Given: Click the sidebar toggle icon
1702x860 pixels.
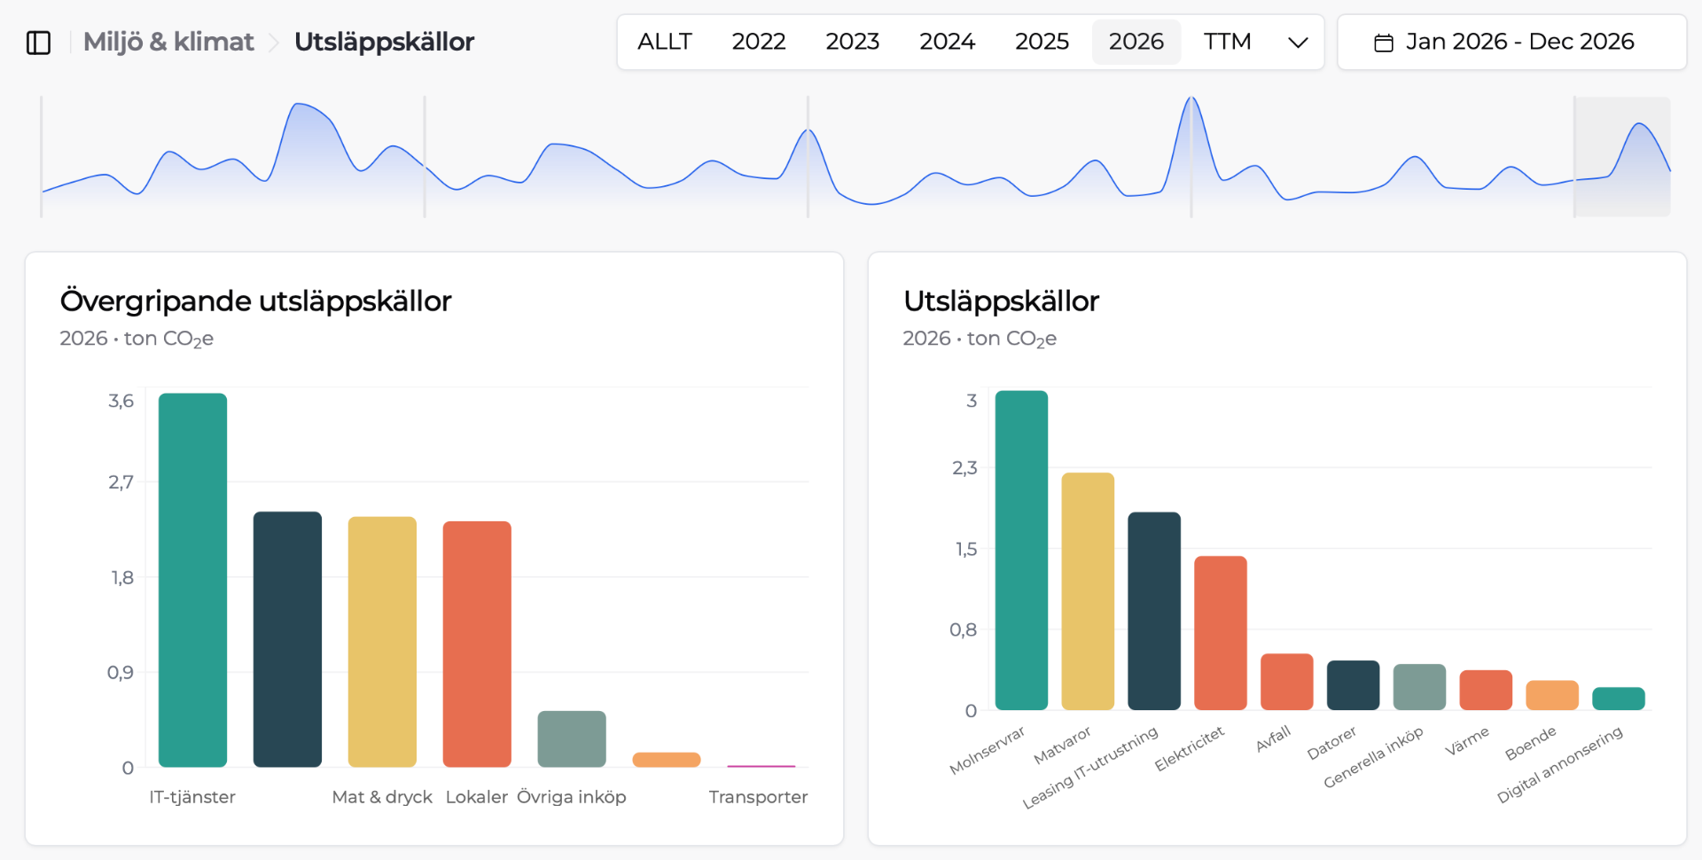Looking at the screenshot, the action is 39,43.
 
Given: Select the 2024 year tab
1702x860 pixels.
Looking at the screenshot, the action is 947,42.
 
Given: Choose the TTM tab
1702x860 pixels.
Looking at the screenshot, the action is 1227,42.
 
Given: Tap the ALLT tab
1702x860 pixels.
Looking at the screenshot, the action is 664,42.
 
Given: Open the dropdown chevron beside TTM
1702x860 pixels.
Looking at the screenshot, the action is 1298,43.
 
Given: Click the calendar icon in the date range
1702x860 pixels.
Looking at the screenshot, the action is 1383,43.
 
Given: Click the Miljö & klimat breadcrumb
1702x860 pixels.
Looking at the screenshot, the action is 168,42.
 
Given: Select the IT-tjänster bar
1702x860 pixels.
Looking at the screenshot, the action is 192,580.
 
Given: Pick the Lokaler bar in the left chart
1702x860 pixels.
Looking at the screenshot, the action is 477,644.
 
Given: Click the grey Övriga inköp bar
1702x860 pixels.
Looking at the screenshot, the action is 572,739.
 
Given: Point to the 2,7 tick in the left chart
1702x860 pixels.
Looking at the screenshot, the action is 121,482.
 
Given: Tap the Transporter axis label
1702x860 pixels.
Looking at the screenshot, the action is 758,797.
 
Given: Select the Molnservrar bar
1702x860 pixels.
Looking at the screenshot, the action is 1021,551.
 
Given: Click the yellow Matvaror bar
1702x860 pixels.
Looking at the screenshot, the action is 1088,591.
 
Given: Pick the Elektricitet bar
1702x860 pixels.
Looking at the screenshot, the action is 1221,633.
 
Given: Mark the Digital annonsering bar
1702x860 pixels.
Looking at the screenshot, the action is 1619,699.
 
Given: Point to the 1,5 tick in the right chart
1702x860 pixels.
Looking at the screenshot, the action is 966,549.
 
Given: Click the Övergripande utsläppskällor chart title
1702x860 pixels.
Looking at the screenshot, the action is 255,301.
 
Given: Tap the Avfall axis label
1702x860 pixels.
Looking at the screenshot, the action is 1274,739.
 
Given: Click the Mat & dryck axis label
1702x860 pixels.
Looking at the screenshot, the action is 382,797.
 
